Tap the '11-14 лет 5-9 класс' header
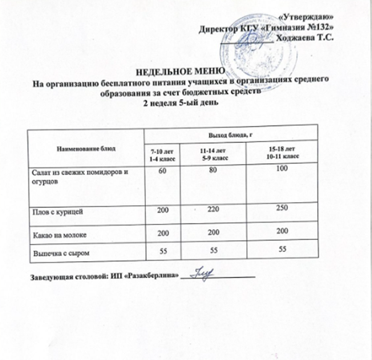click(x=214, y=153)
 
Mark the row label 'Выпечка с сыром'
click(x=60, y=252)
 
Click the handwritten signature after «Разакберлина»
click(x=203, y=274)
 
